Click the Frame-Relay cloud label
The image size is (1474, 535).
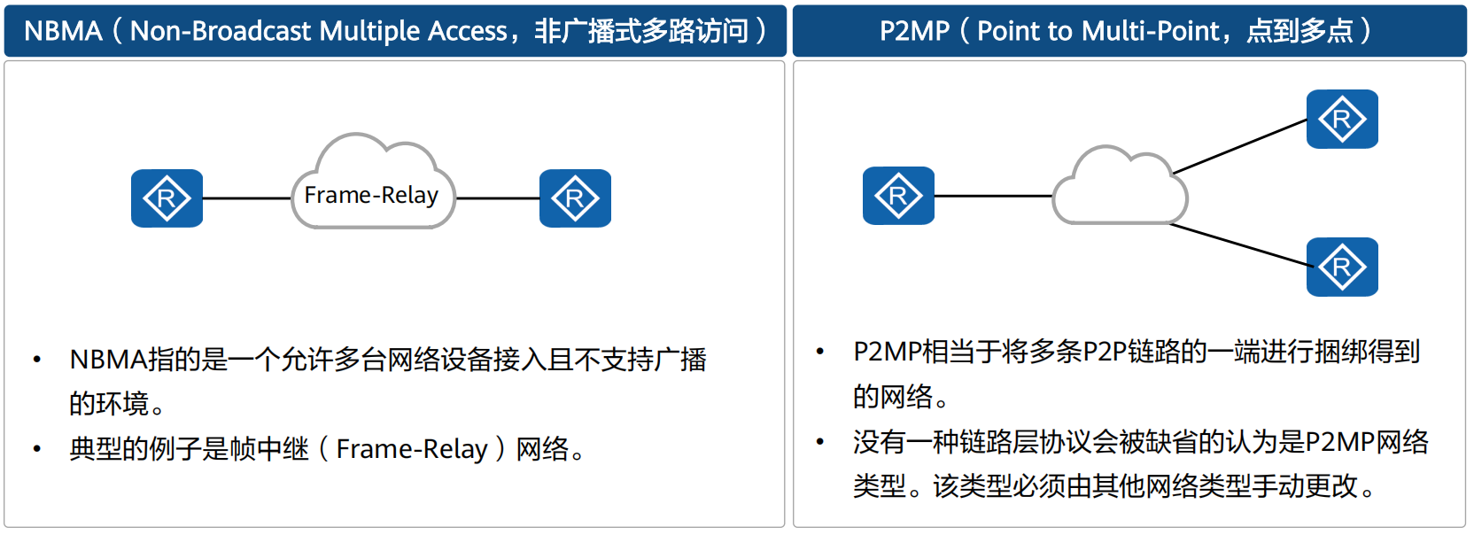(371, 195)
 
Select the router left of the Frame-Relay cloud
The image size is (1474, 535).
(167, 198)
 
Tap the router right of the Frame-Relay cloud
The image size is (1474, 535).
(575, 198)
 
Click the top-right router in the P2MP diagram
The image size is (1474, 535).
(1342, 119)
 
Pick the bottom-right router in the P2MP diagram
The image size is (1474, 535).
(1342, 267)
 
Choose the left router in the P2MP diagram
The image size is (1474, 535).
(898, 196)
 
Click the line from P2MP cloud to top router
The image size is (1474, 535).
(1240, 146)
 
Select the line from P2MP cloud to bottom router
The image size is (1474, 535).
(1240, 245)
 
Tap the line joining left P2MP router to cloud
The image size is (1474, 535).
(993, 196)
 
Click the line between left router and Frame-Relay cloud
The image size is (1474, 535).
(247, 198)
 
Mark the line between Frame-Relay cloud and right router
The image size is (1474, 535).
(497, 198)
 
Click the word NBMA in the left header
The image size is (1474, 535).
(63, 31)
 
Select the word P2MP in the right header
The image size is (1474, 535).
(914, 31)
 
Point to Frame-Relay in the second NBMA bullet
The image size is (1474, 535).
(412, 449)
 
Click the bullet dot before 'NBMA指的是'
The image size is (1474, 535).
(37, 360)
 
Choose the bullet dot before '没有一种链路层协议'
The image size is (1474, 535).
(820, 441)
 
